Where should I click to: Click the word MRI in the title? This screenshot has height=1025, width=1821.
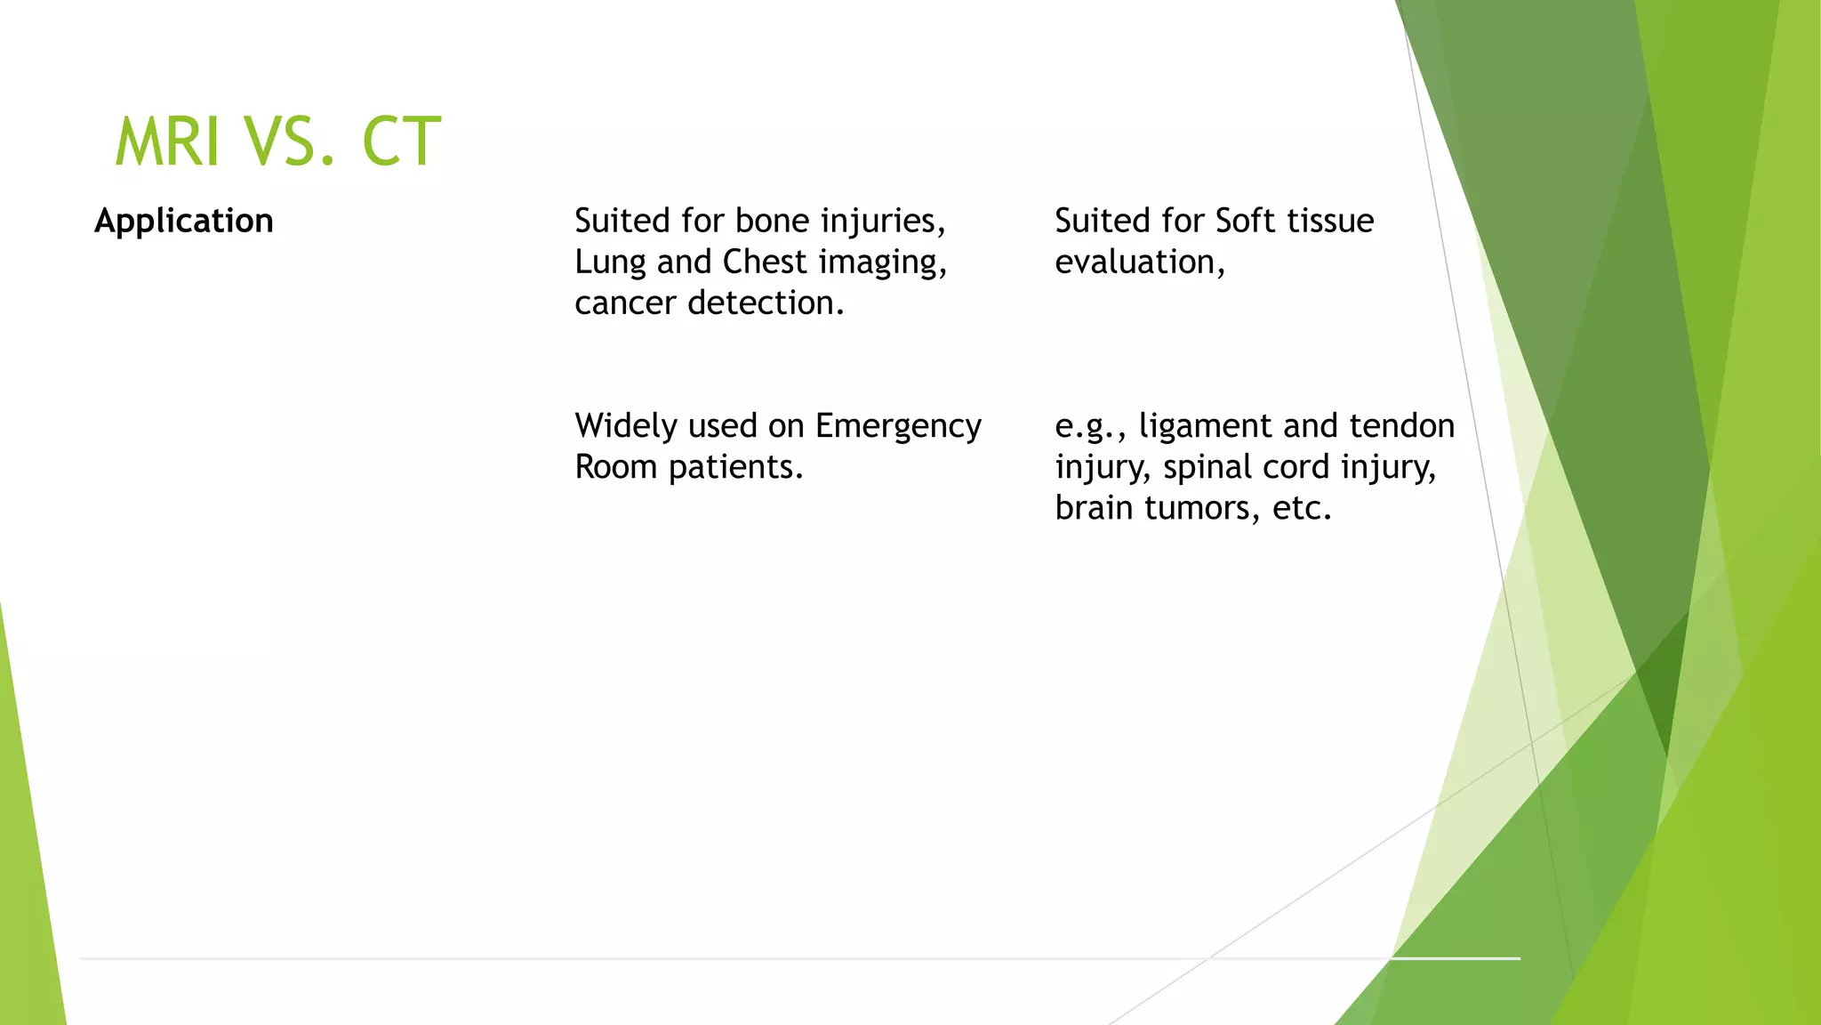(x=167, y=142)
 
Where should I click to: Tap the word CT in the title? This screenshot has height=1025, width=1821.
(x=401, y=142)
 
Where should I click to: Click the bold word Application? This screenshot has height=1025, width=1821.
(x=184, y=221)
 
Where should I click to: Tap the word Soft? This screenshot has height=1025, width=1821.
(x=1245, y=221)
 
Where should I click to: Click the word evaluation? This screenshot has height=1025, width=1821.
(x=1140, y=262)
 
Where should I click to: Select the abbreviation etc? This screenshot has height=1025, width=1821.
(x=1302, y=508)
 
